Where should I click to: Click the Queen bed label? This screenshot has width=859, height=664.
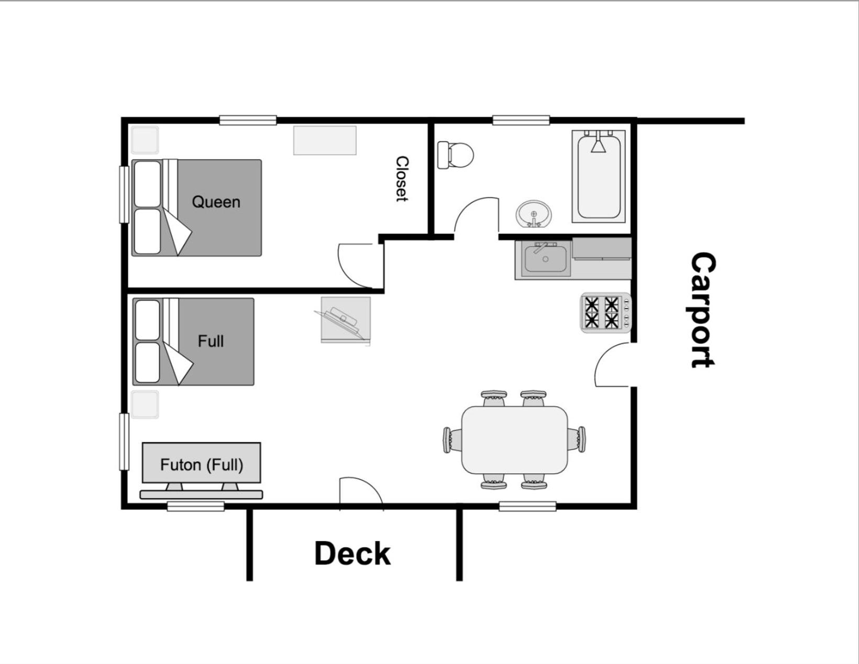[x=216, y=202]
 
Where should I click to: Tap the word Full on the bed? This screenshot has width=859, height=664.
[x=211, y=341]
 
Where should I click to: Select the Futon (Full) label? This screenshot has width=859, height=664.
[x=202, y=465]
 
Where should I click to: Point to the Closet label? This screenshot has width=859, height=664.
[x=402, y=179]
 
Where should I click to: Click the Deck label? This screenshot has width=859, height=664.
[x=353, y=554]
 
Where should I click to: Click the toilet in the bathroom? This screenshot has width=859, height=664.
[x=455, y=155]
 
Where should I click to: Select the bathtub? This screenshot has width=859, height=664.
[x=599, y=176]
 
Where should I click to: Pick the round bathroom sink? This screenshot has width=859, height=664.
[x=534, y=214]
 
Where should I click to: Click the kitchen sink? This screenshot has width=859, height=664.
[x=545, y=259]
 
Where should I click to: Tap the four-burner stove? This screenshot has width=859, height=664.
[x=605, y=313]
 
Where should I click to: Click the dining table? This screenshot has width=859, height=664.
[x=515, y=440]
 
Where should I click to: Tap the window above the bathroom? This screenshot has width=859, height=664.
[x=521, y=120]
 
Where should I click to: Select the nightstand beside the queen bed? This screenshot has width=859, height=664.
[x=145, y=140]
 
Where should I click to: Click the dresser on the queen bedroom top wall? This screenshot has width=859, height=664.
[x=325, y=140]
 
